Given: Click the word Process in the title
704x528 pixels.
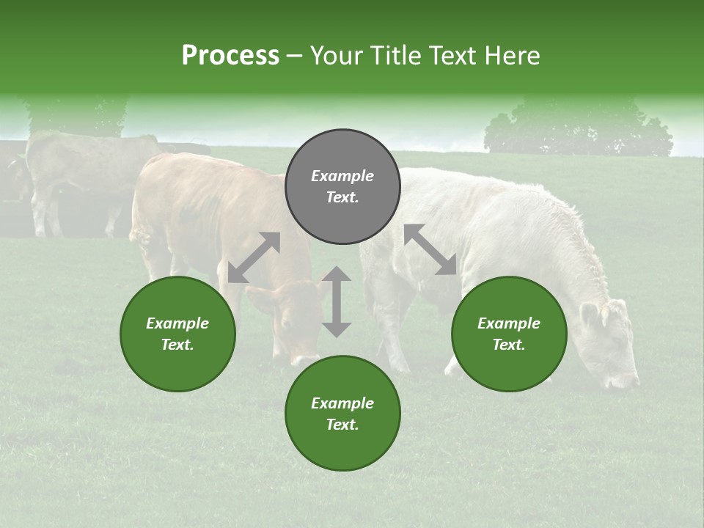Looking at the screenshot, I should [x=230, y=56].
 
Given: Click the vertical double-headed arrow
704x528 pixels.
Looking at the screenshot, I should [x=337, y=301].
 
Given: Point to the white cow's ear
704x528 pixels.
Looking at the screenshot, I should [x=591, y=315].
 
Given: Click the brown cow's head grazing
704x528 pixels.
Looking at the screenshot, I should [x=293, y=323].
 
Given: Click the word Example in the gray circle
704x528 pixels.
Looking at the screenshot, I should [x=342, y=176].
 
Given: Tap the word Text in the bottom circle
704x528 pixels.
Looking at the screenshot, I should [x=342, y=425].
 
